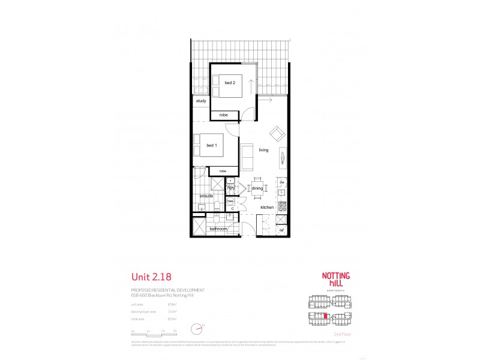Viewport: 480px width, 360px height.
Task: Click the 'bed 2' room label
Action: point(230,82)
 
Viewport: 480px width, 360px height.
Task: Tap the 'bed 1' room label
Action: point(211,146)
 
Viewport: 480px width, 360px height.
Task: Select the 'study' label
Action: point(200,101)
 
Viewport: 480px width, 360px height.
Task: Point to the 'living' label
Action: point(263,150)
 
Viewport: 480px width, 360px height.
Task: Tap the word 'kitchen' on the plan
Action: point(267,208)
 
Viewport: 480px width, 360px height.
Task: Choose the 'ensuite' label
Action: point(206,196)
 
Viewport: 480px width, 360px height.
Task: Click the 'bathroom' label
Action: point(218,229)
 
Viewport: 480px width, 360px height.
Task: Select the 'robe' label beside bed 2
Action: point(223,115)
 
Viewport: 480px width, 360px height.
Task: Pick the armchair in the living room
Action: point(277,133)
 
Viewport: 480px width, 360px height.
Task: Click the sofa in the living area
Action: point(247,157)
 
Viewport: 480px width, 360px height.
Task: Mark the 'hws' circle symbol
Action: point(230,201)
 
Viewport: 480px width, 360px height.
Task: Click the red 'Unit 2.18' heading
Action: point(151,277)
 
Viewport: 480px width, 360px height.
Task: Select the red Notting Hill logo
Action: point(337,280)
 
